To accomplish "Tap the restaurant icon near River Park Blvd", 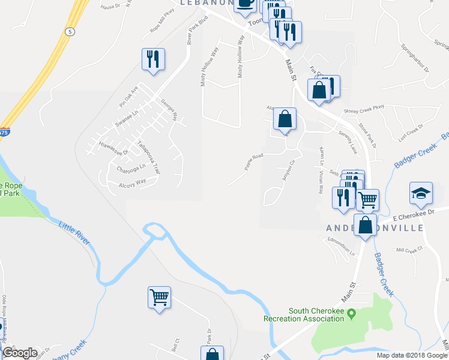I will [152, 59].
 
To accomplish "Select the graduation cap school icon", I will [421, 193].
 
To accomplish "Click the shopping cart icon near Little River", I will [159, 297].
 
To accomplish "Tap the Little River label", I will [74, 233].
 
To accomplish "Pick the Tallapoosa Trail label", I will [148, 157].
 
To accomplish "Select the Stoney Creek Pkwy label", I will [363, 110].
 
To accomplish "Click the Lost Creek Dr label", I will [411, 133].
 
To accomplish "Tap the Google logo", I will [20, 353].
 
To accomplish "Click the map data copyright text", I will [412, 355].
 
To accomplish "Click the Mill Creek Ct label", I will [410, 248].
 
